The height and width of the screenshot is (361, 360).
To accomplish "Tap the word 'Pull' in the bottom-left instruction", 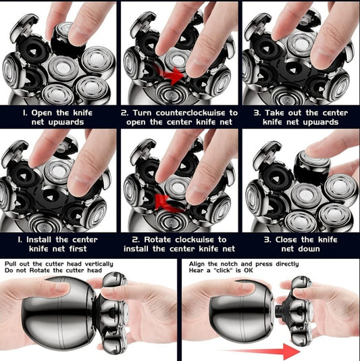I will pyautogui.click(x=11, y=264).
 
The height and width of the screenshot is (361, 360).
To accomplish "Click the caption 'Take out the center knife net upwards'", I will pyautogui.click(x=300, y=118).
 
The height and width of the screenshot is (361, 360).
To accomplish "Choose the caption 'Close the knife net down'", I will pyautogui.click(x=300, y=245).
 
